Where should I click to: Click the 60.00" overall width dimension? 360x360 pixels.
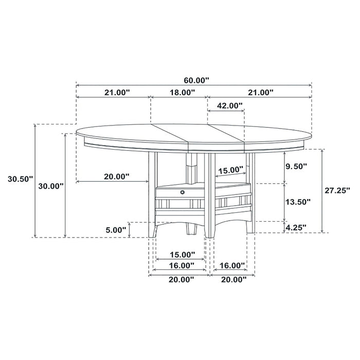(195, 80)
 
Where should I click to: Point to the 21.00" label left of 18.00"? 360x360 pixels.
(116, 93)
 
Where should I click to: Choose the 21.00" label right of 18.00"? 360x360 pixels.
(260, 93)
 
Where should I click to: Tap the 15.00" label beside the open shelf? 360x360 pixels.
(230, 169)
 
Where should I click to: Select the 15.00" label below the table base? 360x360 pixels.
(182, 254)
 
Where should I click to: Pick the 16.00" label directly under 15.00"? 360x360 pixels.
(182, 265)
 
